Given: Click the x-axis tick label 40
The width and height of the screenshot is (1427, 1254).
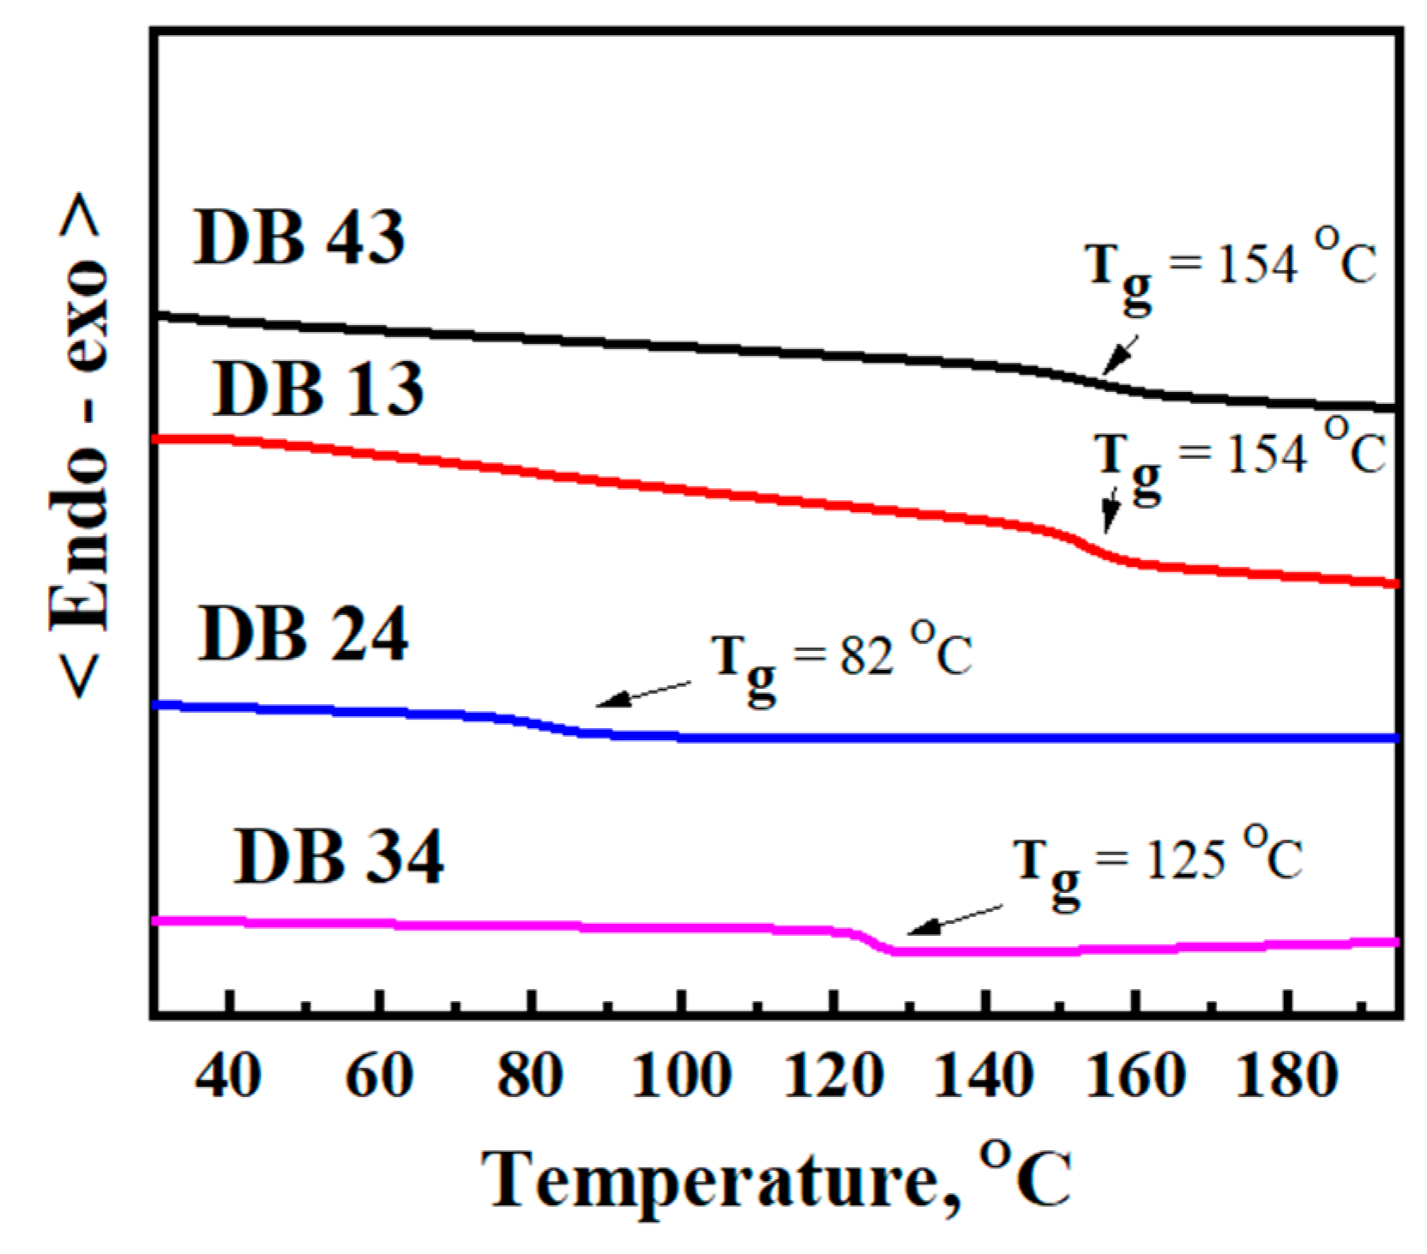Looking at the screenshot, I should click(228, 1076).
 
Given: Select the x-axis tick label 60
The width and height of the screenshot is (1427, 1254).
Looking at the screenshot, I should click(380, 1076).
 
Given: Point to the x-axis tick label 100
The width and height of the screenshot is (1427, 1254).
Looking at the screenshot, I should click(682, 1076).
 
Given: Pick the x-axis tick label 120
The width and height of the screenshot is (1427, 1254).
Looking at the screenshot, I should click(834, 1076).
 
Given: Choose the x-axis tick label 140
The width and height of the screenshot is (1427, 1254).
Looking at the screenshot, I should click(984, 1076).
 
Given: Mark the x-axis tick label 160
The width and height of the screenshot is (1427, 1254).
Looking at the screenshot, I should click(1136, 1076).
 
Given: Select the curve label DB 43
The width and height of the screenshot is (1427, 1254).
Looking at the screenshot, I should click(299, 238).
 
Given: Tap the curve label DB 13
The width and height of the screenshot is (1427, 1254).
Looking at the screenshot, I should click(318, 389).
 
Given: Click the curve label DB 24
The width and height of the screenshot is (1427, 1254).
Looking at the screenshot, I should click(303, 636).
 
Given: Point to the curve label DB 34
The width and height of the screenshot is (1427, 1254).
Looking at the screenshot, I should click(339, 857).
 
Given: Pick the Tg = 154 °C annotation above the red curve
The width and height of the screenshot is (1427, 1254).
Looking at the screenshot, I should click(1240, 458).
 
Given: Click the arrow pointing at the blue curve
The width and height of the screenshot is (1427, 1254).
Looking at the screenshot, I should click(643, 694).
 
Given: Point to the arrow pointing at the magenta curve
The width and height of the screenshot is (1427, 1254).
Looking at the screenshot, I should click(954, 919).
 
